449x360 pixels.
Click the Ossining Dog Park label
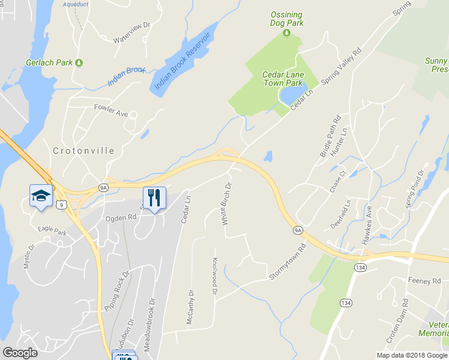coord(286,19)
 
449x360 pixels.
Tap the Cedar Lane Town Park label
coord(283,79)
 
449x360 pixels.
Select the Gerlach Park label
coord(50,62)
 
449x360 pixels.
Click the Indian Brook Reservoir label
coord(182,61)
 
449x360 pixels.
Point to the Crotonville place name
coord(83,151)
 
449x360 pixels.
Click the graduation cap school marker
coord(40,196)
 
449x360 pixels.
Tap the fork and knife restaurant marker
coord(154,197)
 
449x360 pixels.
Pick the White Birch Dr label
coord(226,205)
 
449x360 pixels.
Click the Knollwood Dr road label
coord(214,275)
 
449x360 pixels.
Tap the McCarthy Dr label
coord(190,307)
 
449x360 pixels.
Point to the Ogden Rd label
coord(121,218)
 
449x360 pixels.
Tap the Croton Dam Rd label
coord(397,320)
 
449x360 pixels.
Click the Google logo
coord(20,353)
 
